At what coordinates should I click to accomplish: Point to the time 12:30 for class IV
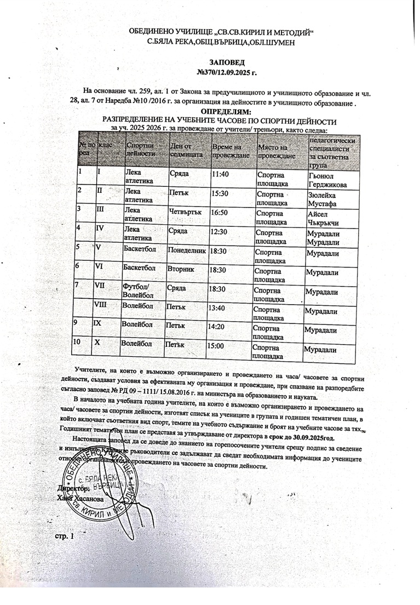coord(219,231)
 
